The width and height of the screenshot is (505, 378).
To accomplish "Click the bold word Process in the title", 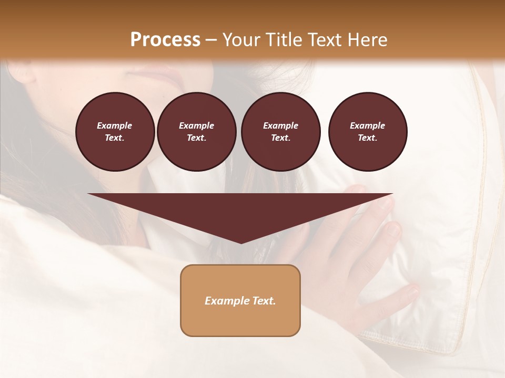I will point(165,40).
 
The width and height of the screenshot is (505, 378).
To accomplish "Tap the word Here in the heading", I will point(368,40).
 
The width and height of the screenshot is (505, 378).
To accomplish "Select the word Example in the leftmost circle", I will point(115,125).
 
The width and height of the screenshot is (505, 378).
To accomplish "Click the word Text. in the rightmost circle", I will point(367,138).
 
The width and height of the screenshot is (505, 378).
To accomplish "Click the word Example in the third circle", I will point(280,125).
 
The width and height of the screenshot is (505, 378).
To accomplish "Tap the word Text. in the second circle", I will point(196,138).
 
